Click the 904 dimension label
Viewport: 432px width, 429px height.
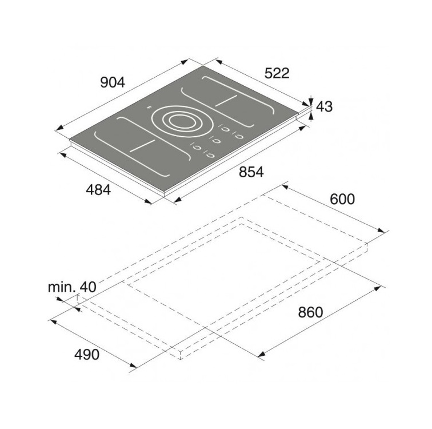(x=113, y=82)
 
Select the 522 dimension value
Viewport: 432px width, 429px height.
(x=277, y=73)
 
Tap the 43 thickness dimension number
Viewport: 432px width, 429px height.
(x=324, y=107)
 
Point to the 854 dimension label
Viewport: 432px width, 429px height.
(x=251, y=172)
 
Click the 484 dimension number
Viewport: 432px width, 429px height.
(x=98, y=190)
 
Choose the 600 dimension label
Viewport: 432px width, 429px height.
(x=342, y=199)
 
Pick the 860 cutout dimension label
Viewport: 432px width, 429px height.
(x=310, y=313)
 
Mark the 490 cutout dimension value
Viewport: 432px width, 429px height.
(x=87, y=354)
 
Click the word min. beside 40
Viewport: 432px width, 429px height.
(x=62, y=287)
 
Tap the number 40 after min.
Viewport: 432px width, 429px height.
(x=88, y=287)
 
